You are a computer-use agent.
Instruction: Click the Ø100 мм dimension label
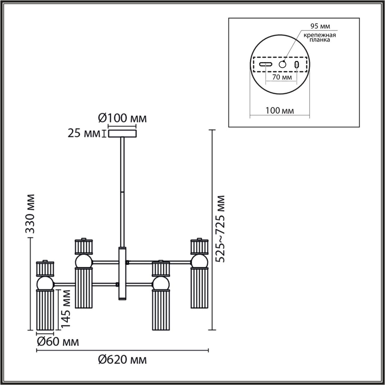pyautogui.click(x=122, y=118)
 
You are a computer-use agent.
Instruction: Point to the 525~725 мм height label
pyautogui.click(x=220, y=229)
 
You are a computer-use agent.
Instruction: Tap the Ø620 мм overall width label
pyautogui.click(x=122, y=360)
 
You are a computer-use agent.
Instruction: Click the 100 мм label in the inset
pyautogui.click(x=280, y=111)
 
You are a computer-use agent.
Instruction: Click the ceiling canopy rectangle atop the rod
pyautogui.click(x=122, y=134)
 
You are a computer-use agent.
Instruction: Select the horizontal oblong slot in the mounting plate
pyautogui.click(x=266, y=65)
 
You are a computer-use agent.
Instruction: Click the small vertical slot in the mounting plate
pyautogui.click(x=297, y=65)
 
